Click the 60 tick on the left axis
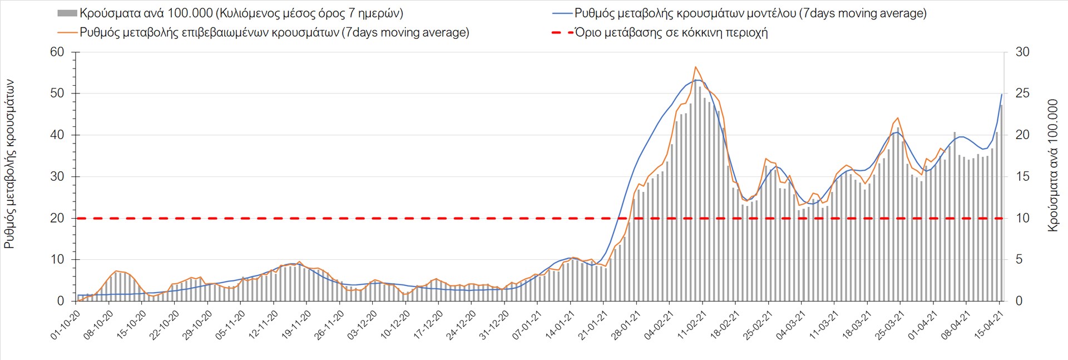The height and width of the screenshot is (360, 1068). pyautogui.click(x=58, y=52)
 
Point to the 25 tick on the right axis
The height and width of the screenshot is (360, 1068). pyautogui.click(x=1022, y=93)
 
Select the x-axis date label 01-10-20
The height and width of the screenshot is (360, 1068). pyautogui.click(x=66, y=325)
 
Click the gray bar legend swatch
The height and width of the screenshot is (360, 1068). pyautogui.click(x=67, y=13)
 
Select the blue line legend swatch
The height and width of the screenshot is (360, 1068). pyautogui.click(x=562, y=13)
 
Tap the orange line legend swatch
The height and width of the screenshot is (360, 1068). pyautogui.click(x=67, y=32)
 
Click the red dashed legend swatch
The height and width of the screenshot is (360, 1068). pyautogui.click(x=562, y=32)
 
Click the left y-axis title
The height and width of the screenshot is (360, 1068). pyautogui.click(x=9, y=164)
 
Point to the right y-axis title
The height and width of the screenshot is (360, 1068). pyautogui.click(x=1053, y=165)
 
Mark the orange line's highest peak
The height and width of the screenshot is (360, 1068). pyautogui.click(x=695, y=67)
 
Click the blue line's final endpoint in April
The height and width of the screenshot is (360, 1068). pyautogui.click(x=1002, y=94)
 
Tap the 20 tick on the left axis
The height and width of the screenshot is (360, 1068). pyautogui.click(x=58, y=218)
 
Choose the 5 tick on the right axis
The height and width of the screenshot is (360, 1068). pyautogui.click(x=1019, y=259)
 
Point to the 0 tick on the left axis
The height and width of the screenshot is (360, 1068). pyautogui.click(x=61, y=301)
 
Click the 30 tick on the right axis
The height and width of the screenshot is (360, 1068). pyautogui.click(x=1022, y=52)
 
